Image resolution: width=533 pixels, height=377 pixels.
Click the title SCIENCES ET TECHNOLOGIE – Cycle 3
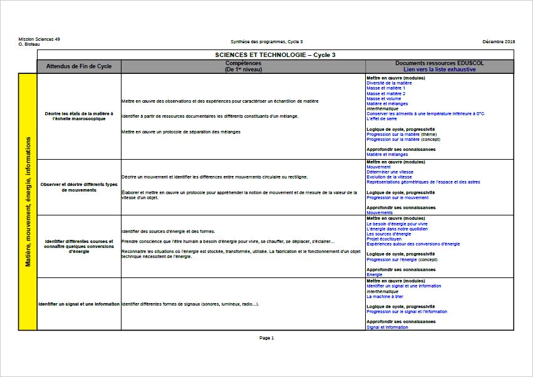pos(275,55)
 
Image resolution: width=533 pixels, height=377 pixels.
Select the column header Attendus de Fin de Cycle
pos(79,66)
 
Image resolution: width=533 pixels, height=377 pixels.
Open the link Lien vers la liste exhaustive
pos(439,70)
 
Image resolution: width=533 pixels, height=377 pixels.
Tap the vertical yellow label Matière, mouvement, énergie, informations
pos(28,202)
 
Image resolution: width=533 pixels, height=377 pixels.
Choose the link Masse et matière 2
pos(386,93)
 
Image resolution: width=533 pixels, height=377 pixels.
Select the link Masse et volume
pos(383,98)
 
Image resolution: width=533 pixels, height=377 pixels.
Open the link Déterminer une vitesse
pos(390,172)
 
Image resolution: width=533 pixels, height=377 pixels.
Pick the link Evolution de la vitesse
pos(389,177)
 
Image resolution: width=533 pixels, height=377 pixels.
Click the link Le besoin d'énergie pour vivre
pos(397,224)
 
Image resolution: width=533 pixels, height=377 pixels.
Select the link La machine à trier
pos(385,296)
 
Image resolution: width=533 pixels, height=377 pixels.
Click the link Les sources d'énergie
pos(389,234)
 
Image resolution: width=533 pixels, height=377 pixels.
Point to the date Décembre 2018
pos(499,41)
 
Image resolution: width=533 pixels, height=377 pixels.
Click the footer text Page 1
pos(266,338)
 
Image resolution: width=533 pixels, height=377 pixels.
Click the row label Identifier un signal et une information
pos(79,304)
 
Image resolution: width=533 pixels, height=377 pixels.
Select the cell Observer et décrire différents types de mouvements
pos(79,187)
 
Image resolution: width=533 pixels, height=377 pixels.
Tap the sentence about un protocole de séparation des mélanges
pos(181,132)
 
